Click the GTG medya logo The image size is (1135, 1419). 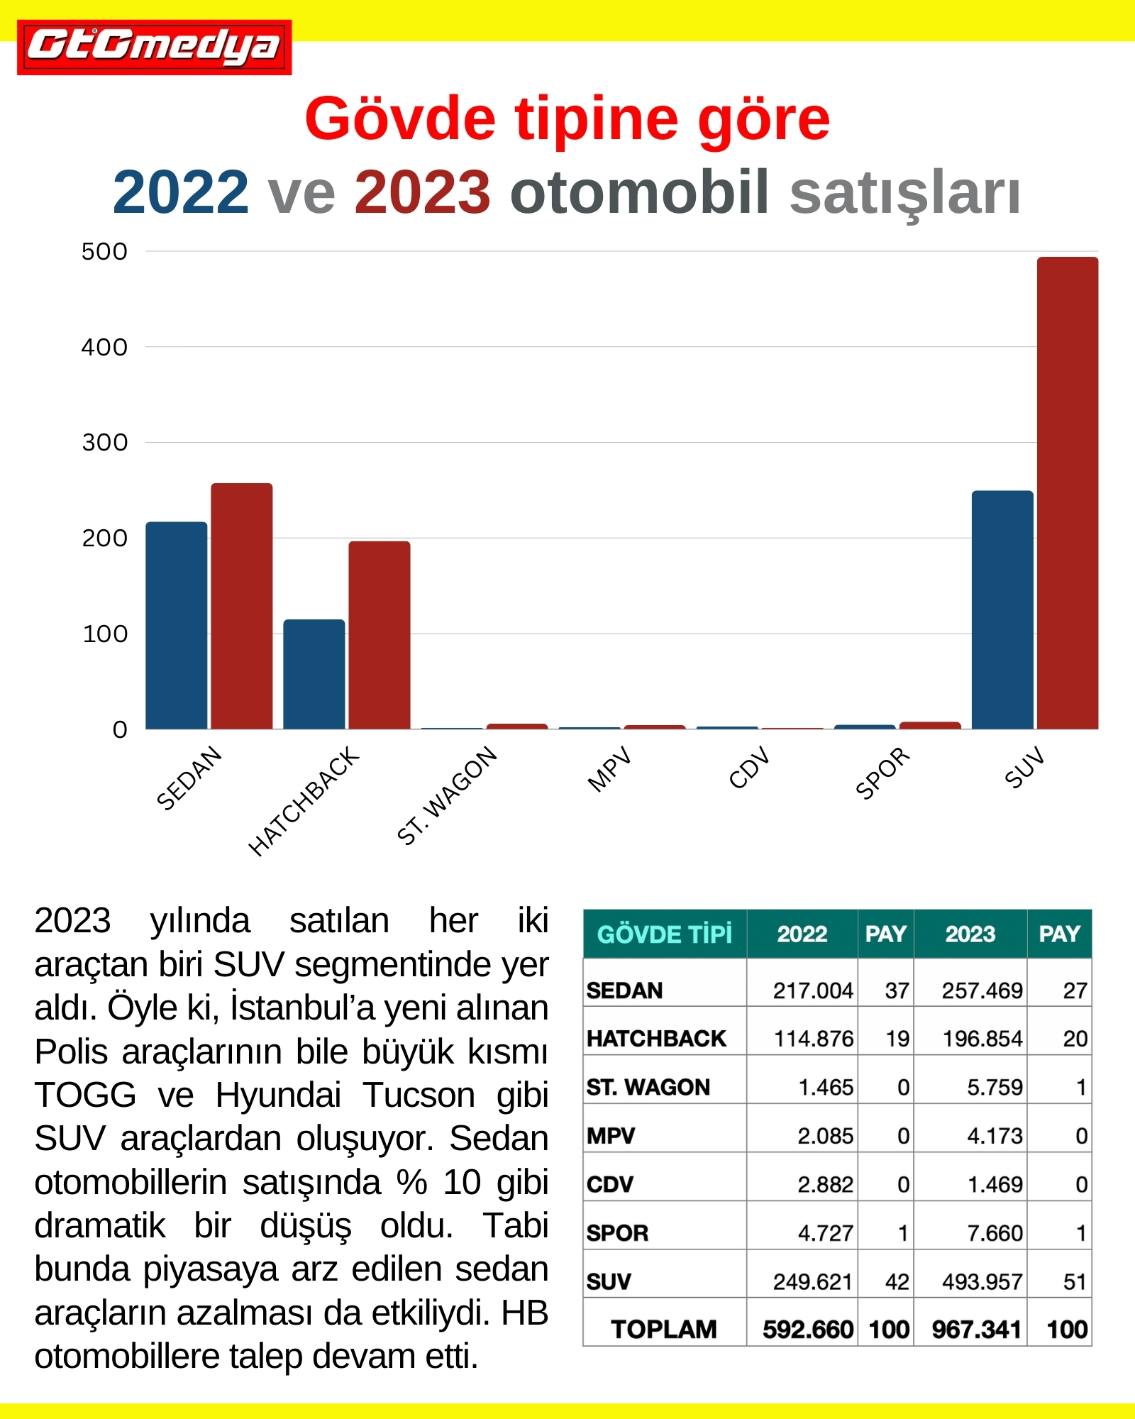click(x=155, y=47)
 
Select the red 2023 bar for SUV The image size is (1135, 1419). click(x=1068, y=493)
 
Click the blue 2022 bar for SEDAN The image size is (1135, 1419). click(x=177, y=626)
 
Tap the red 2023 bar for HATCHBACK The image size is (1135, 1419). click(x=380, y=635)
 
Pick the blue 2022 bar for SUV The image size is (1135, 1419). click(x=1002, y=610)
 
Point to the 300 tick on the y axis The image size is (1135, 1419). click(x=105, y=443)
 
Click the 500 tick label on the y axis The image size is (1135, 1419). click(x=104, y=251)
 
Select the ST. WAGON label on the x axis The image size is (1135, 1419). click(x=447, y=796)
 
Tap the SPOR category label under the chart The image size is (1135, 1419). click(x=882, y=773)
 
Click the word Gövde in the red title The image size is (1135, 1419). click(x=400, y=118)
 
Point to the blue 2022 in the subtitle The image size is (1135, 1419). click(x=181, y=192)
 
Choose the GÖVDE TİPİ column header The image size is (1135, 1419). click(x=665, y=934)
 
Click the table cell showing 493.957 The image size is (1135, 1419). click(x=982, y=1281)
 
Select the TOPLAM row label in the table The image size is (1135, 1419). click(x=664, y=1329)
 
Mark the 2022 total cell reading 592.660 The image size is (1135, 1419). click(x=808, y=1329)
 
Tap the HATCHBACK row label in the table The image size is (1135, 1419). click(x=656, y=1039)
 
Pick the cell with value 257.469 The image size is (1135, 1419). click(x=982, y=990)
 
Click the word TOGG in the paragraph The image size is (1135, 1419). click(x=85, y=1095)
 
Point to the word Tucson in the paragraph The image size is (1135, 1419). click(x=419, y=1095)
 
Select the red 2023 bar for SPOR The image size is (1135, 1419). click(x=930, y=726)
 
